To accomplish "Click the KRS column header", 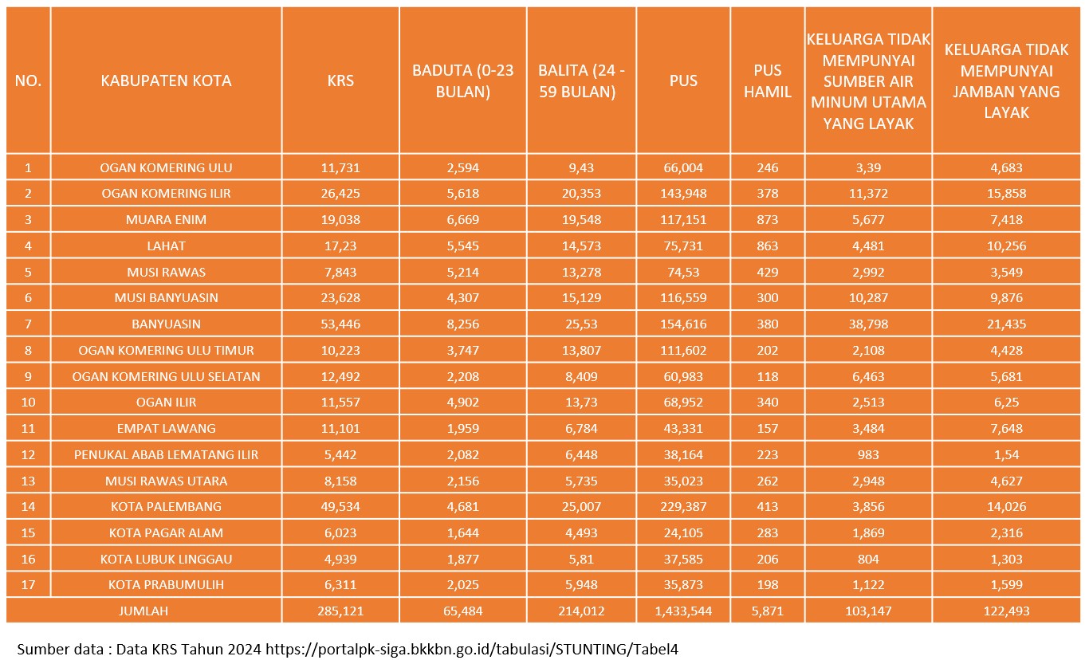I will pos(340,81).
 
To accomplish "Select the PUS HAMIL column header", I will pos(767,81).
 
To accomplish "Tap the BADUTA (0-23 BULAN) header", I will pos(462,81).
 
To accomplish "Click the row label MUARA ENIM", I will pos(166,219).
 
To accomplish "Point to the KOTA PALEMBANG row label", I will pos(166,506).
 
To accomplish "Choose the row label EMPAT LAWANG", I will pos(166,428).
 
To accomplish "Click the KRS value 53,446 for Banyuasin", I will pos(340,324).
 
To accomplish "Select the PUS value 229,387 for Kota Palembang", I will pos(683,506).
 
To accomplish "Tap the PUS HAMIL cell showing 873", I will pos(767,219).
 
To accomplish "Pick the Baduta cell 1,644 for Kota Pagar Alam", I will pos(462,532).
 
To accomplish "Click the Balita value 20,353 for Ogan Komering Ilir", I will pos(581,193).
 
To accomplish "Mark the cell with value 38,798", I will pos(868,324).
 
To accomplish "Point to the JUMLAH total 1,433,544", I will pos(683,611).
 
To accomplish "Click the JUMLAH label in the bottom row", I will pos(143,611).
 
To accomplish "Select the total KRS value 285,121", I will pos(340,611).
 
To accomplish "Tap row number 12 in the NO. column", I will pos(29,454).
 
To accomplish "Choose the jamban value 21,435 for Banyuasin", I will pos(1006,324).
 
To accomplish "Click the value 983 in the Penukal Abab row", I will pos(868,454).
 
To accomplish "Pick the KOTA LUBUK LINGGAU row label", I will pos(166,559).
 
